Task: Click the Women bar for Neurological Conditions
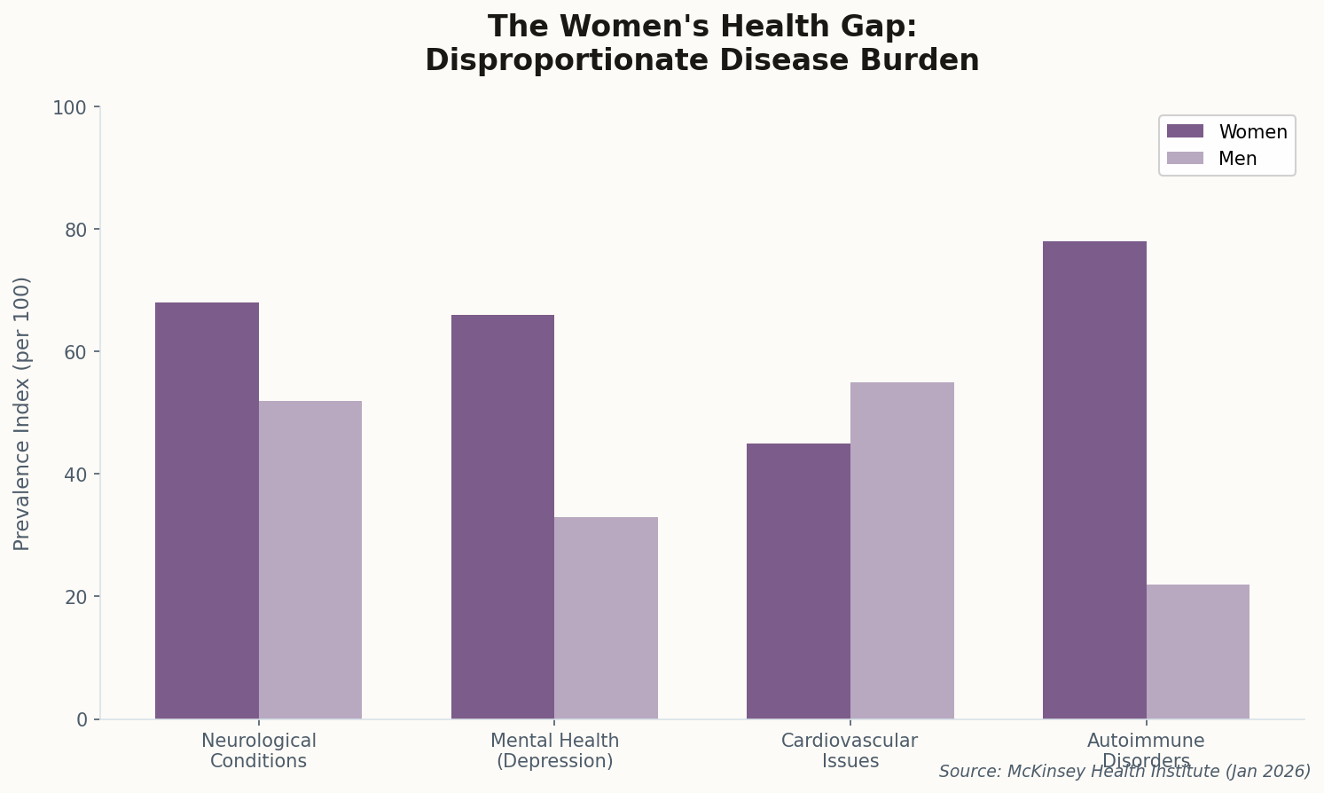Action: (x=207, y=510)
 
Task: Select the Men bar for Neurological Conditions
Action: (x=310, y=560)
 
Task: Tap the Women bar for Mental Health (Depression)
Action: (x=503, y=516)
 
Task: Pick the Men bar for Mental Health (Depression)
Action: (x=606, y=617)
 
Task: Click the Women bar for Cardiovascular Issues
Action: (x=798, y=581)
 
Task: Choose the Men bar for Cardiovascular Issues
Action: (x=902, y=550)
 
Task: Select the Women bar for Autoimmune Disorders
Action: (x=1094, y=480)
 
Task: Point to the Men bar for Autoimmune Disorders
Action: (x=1197, y=651)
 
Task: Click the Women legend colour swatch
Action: (x=1185, y=131)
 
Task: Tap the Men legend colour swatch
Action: (x=1185, y=159)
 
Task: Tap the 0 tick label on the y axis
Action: (x=82, y=719)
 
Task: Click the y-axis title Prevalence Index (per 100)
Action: (x=22, y=413)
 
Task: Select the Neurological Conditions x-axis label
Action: (x=259, y=750)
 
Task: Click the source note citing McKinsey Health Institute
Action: (x=1124, y=772)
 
